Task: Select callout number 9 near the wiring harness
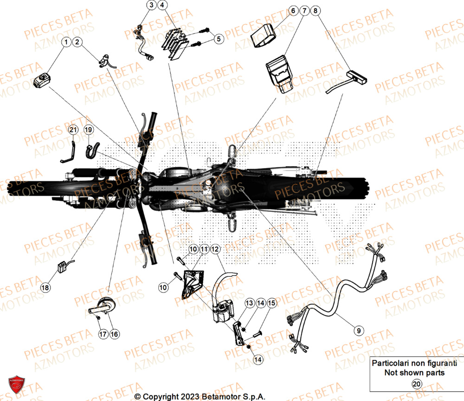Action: [358, 331]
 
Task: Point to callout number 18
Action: [45, 288]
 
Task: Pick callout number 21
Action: [72, 131]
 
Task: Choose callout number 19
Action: [88, 131]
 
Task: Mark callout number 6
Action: [293, 10]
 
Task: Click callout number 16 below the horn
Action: [114, 333]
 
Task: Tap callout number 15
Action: [271, 303]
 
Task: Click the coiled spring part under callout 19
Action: [91, 150]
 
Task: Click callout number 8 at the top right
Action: [316, 10]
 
